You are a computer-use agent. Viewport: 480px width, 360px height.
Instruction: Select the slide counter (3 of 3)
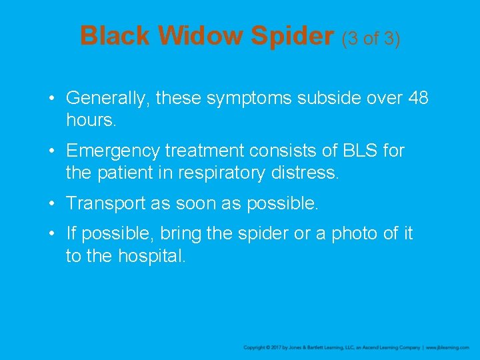click(371, 39)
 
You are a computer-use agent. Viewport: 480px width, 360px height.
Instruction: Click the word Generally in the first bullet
click(108, 99)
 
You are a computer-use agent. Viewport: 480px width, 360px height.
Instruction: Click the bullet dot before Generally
click(53, 99)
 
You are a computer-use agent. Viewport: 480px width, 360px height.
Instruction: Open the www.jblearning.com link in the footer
click(447, 348)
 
